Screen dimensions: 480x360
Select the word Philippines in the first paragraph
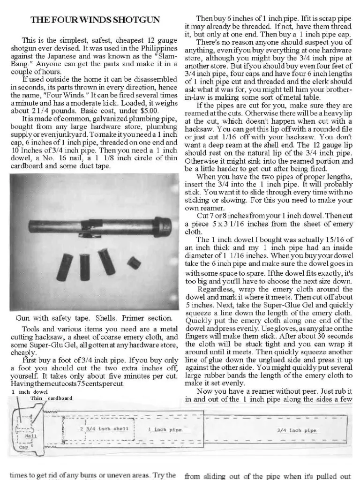[154, 48]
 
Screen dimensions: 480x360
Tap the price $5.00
[149, 111]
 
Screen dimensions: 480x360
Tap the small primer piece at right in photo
[134, 263]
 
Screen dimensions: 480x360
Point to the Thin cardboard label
[52, 398]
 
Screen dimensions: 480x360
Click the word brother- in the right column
[334, 89]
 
